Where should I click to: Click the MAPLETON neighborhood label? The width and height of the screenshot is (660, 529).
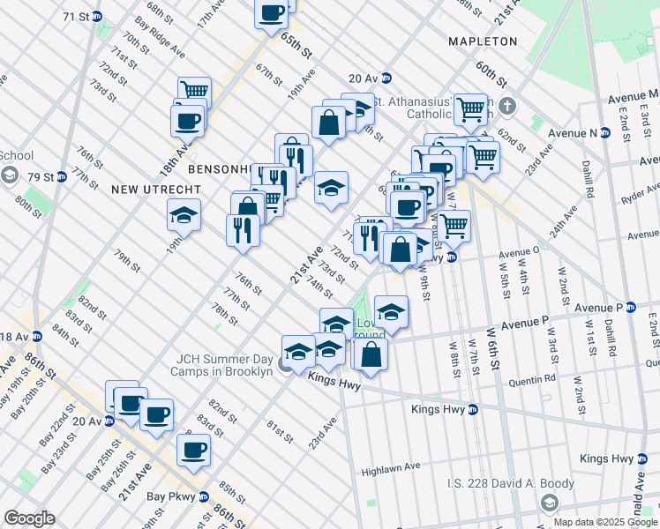[x=482, y=41]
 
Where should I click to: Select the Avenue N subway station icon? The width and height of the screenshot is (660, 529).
[x=605, y=133]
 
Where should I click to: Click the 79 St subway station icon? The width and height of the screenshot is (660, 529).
[x=61, y=177]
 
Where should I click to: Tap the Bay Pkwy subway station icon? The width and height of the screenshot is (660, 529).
[x=204, y=495]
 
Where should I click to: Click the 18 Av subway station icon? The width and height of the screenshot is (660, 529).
[x=37, y=337]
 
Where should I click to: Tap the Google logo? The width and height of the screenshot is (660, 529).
[x=29, y=518]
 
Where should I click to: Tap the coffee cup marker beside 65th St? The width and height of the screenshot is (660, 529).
[x=272, y=14]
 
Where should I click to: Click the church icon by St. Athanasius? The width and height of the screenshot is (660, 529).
[x=506, y=108]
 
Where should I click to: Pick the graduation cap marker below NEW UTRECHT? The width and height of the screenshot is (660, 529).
[x=184, y=216]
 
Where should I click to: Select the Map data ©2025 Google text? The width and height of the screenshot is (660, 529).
[x=604, y=521]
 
